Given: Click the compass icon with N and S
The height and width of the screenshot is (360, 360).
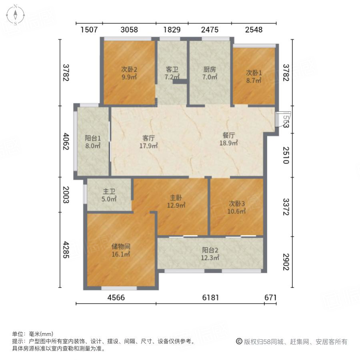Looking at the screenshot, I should click(x=15, y=15).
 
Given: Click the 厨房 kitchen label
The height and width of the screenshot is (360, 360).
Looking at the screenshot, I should click(x=208, y=68).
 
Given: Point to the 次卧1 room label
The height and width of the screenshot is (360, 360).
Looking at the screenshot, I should click(x=254, y=72).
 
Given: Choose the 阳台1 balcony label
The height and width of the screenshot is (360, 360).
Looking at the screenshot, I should click(x=92, y=138).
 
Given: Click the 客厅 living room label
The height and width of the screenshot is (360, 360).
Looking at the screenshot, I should click(x=148, y=138).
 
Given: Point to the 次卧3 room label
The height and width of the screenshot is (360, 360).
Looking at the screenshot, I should click(x=236, y=203).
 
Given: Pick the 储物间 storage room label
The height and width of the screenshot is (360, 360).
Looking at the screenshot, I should click(x=121, y=246).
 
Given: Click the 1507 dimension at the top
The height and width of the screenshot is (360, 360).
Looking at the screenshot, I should click(x=89, y=30).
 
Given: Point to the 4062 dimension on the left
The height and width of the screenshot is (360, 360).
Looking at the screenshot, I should click(x=66, y=142).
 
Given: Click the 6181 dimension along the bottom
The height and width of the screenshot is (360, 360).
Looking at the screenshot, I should click(x=211, y=298).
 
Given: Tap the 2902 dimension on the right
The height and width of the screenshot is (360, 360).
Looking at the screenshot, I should click(x=286, y=262).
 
